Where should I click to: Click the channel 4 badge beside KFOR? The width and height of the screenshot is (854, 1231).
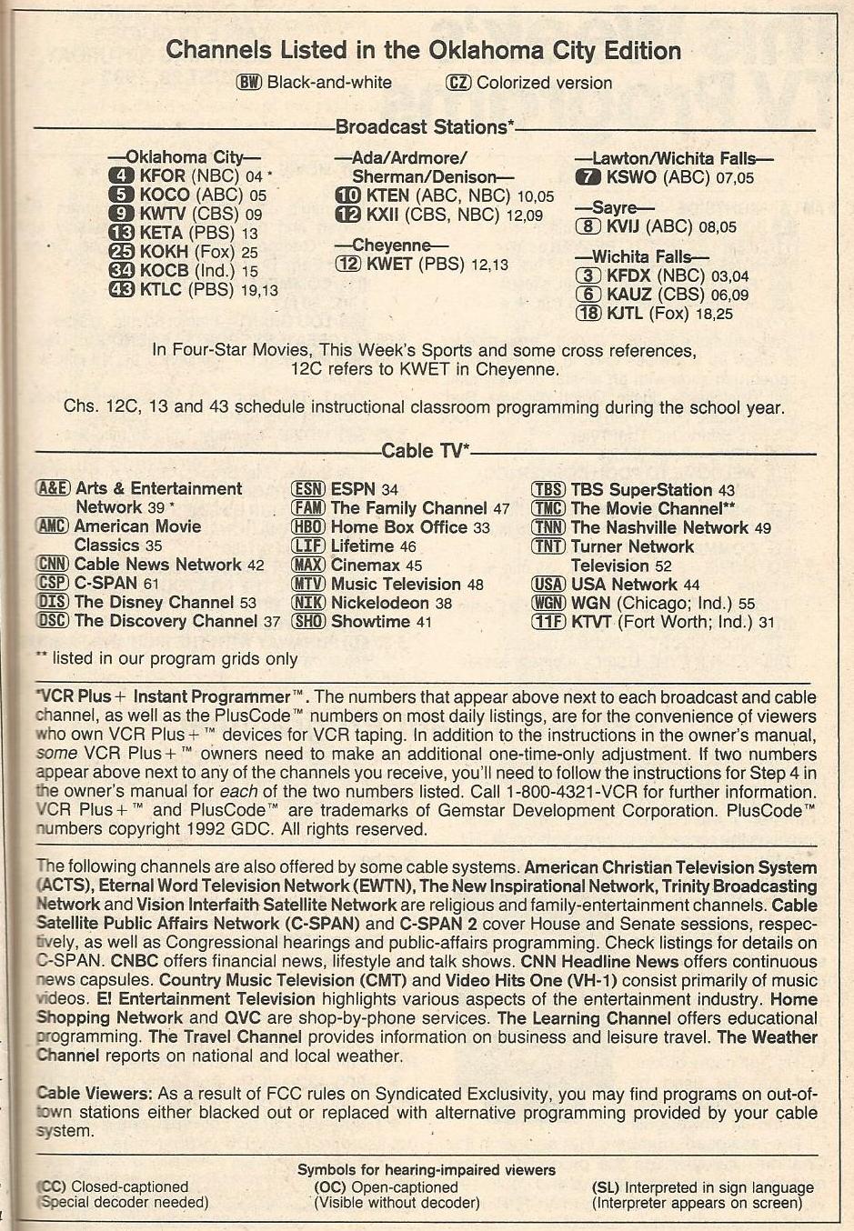click(121, 175)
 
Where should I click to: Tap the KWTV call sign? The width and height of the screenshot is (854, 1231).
click(165, 214)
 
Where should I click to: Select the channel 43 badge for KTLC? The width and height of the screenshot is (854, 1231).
click(121, 290)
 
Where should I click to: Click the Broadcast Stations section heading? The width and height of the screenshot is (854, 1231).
click(425, 127)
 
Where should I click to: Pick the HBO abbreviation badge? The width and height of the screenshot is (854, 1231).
click(308, 527)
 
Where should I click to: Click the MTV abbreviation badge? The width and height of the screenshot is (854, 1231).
click(308, 585)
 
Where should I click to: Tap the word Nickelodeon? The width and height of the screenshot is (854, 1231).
click(379, 603)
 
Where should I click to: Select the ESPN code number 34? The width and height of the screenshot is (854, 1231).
click(389, 490)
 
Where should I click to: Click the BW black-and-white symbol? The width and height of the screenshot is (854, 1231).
click(249, 83)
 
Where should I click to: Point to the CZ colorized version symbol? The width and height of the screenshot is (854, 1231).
click(459, 83)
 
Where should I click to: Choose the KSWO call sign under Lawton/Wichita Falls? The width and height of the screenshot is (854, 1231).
click(631, 177)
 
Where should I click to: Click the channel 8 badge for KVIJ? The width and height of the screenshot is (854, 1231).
click(588, 226)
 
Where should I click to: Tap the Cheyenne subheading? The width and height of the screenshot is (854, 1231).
click(391, 245)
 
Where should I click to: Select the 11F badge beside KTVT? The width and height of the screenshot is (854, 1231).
click(548, 622)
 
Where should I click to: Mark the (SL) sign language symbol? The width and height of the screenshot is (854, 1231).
click(606, 1187)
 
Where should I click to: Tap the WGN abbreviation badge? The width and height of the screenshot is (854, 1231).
click(548, 604)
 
